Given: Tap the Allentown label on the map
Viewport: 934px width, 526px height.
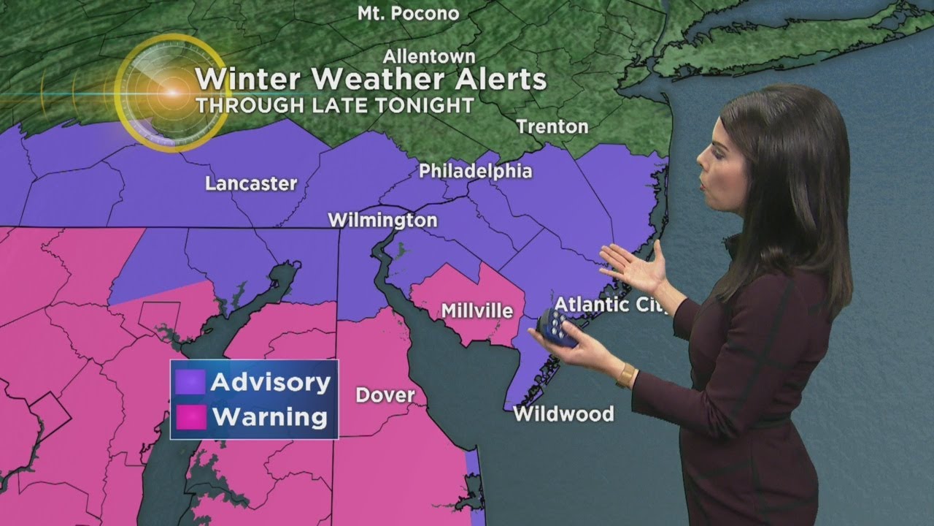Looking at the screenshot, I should coord(430,56).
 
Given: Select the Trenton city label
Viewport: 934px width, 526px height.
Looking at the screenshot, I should coord(552,126).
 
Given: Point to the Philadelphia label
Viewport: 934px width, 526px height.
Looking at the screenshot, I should coord(475,171).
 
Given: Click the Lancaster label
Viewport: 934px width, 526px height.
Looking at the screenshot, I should coord(251,183).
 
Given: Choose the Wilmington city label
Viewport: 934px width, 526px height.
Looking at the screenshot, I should coord(382,220).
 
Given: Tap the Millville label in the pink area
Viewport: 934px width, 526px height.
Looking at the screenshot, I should coord(477,310).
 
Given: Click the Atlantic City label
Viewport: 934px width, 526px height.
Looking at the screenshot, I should coord(611,305).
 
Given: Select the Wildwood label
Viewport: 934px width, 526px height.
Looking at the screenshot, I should coord(563,414).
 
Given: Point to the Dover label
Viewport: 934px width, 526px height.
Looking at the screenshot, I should coord(385,395).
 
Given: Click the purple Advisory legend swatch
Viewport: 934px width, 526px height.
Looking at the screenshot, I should coord(190,382).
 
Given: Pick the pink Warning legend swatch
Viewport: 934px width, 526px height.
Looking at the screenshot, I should coord(190,417).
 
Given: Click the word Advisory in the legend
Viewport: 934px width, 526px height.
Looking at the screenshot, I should coord(271,382).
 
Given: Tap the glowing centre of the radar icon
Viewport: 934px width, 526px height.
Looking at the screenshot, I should coord(172,93).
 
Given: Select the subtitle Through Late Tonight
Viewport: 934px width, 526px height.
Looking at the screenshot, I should coord(335,104).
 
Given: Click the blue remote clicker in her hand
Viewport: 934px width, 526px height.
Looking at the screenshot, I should coord(557,326).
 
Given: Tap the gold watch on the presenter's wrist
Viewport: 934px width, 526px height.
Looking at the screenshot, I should coord(625,376).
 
